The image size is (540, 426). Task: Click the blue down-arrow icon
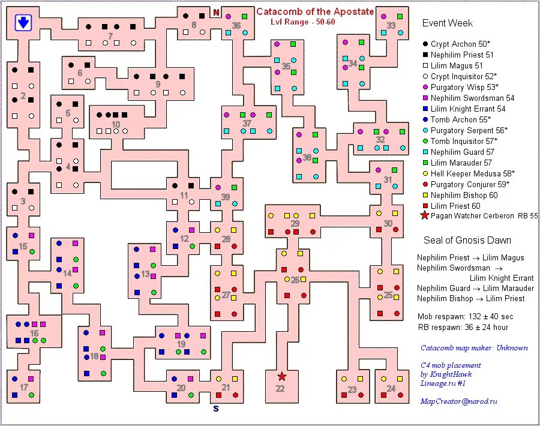pyautogui.click(x=23, y=22)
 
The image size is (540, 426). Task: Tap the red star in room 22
pyautogui.click(x=281, y=376)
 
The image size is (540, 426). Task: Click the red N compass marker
pyautogui.click(x=216, y=13)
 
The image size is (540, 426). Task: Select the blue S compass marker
pyautogui.click(x=216, y=409)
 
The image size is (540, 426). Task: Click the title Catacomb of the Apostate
pyautogui.click(x=315, y=11)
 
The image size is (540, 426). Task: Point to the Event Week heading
pyautogui.click(x=447, y=23)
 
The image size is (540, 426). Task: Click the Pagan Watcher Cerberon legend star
pyautogui.click(x=425, y=216)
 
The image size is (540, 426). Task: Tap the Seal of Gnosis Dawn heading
pyautogui.click(x=467, y=240)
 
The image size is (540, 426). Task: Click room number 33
pyautogui.click(x=391, y=25)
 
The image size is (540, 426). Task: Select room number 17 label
pyautogui.click(x=23, y=387)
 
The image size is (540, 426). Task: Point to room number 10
pyautogui.click(x=115, y=125)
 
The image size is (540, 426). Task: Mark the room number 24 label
pyautogui.click(x=391, y=388)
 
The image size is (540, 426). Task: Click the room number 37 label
pyautogui.click(x=247, y=123)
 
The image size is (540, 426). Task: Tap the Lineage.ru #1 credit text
pyautogui.click(x=443, y=383)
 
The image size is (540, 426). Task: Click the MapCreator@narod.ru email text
pyautogui.click(x=458, y=401)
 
